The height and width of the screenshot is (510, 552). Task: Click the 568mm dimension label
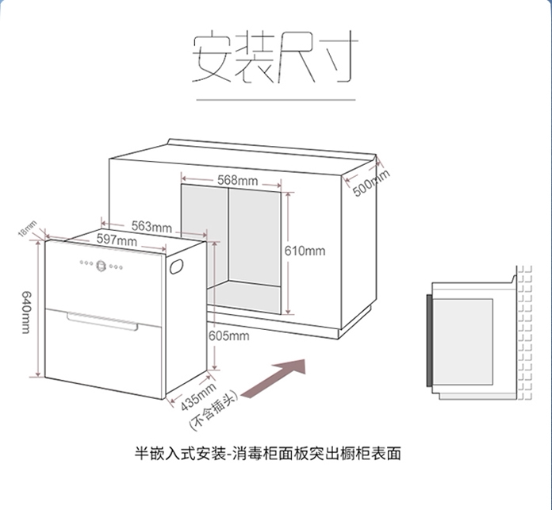click(237, 181)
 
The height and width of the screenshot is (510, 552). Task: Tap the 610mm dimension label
click(305, 251)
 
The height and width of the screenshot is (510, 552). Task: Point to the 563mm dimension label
click(151, 228)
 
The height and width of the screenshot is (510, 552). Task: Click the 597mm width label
click(117, 240)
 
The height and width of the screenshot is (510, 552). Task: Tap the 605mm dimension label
click(228, 336)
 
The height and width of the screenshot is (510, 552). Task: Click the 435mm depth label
click(198, 395)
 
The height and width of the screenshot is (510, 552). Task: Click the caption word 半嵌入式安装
click(181, 454)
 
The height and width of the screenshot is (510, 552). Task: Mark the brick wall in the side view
click(523, 333)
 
